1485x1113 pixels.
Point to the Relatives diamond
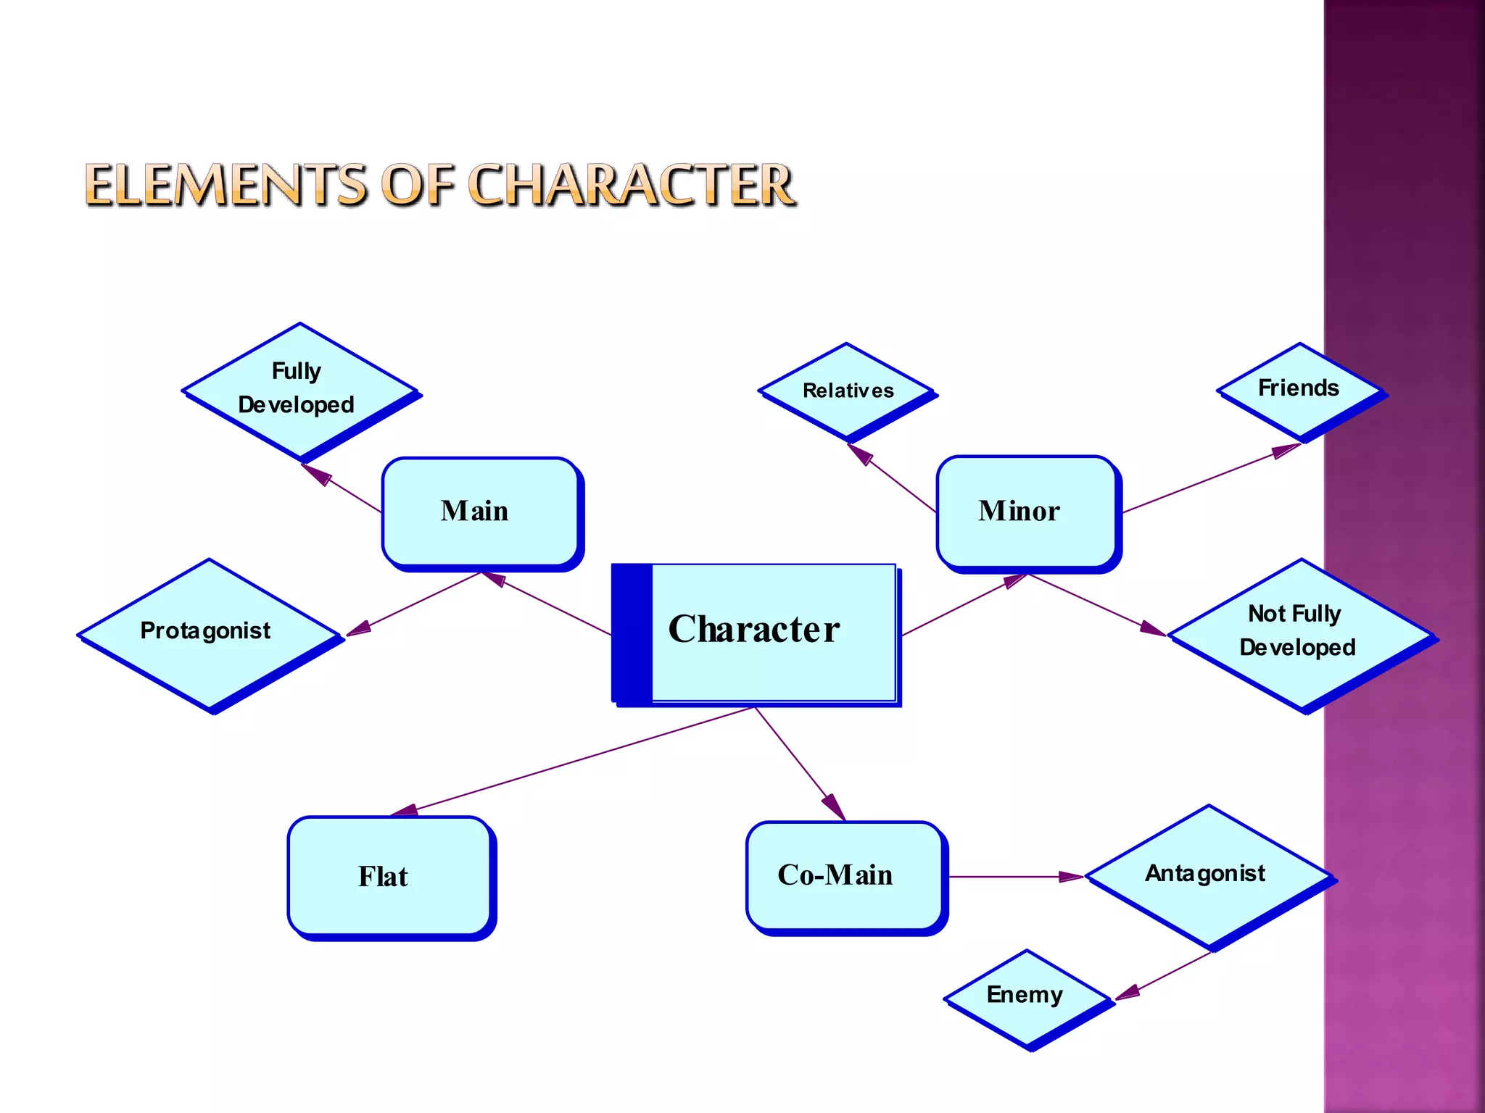click(x=847, y=391)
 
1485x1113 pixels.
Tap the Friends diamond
click(x=1299, y=390)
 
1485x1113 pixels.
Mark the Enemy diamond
click(x=1026, y=997)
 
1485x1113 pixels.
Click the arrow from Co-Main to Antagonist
click(x=1015, y=877)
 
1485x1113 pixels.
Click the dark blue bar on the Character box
click(x=632, y=633)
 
